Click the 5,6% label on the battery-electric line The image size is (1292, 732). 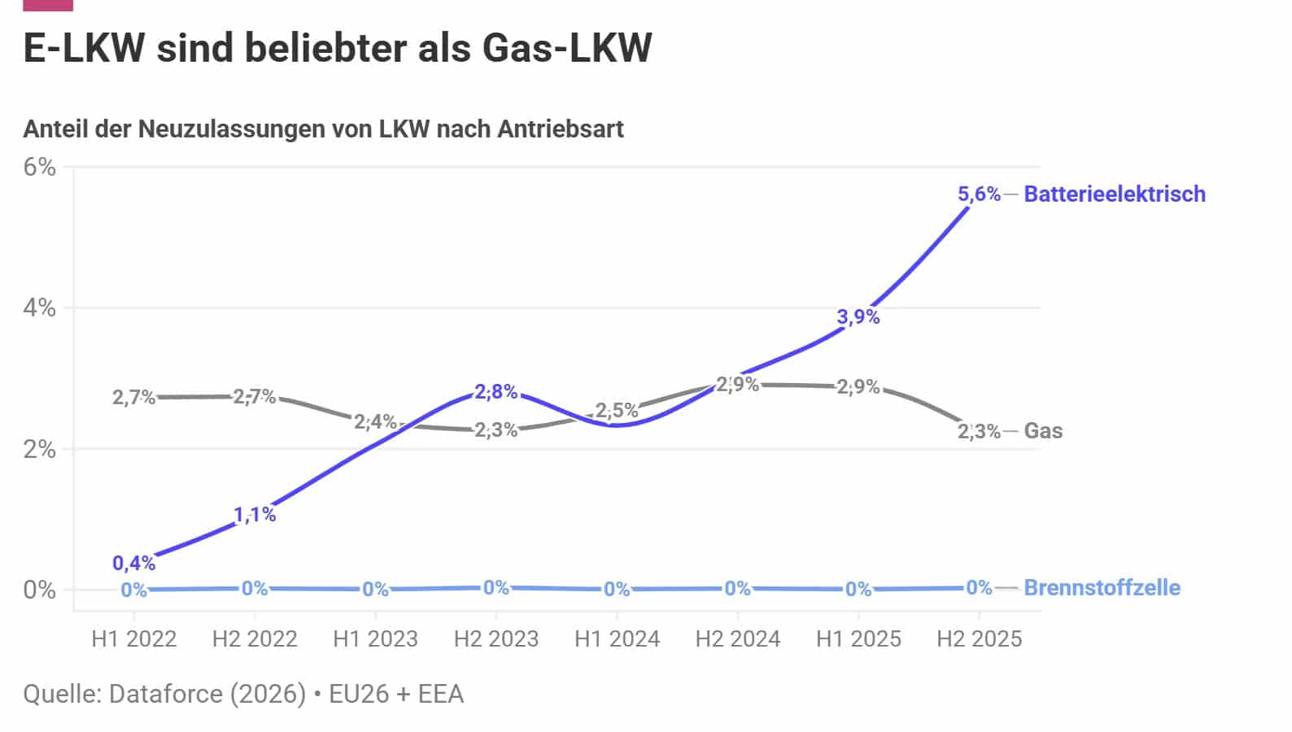coord(979,194)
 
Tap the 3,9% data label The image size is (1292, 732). coord(858,316)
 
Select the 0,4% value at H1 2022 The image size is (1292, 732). coord(133,563)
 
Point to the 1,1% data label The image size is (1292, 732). coord(255,514)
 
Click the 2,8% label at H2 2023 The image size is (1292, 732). coord(496,391)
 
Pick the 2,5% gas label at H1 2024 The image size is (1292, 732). coord(617,411)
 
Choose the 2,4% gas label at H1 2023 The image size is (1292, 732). coord(375,421)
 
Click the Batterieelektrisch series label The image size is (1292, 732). coord(1115,194)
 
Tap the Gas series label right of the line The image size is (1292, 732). coord(1043,430)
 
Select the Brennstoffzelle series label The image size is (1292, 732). coord(1102,587)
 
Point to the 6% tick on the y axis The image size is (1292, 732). coord(40,167)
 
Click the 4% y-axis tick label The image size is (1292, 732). coord(40,308)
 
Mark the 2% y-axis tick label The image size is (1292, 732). coord(40,449)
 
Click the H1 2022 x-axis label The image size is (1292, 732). coord(134,638)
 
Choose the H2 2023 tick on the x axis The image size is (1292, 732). coord(496,638)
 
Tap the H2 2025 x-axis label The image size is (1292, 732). coord(979,638)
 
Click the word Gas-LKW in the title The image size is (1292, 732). coord(567,48)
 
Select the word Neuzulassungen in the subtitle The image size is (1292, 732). coord(252,129)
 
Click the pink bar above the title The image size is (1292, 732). coord(48,5)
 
